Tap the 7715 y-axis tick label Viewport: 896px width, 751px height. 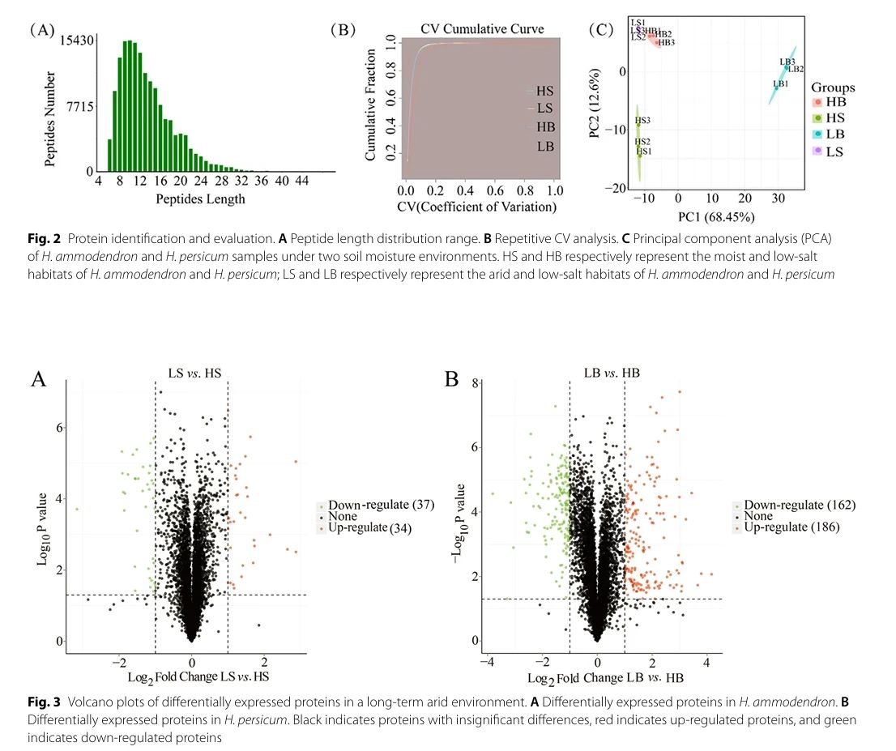pyautogui.click(x=81, y=106)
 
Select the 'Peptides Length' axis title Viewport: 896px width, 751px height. pyautogui.click(x=201, y=198)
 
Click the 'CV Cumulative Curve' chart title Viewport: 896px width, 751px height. pyautogui.click(x=482, y=29)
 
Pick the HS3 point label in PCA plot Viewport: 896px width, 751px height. pyautogui.click(x=642, y=121)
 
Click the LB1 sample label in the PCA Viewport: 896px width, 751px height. pyautogui.click(x=780, y=83)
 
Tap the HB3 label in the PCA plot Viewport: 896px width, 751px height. pyautogui.click(x=666, y=42)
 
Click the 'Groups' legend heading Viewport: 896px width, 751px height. pyautogui.click(x=833, y=87)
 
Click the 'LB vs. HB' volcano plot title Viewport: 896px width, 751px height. pyautogui.click(x=612, y=372)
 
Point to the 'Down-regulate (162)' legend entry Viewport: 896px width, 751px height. pyautogui.click(x=799, y=505)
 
